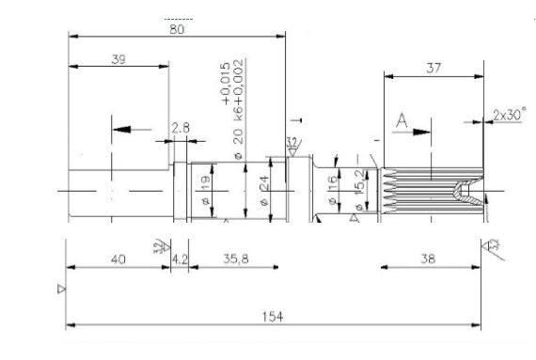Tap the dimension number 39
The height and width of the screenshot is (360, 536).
pyautogui.click(x=118, y=59)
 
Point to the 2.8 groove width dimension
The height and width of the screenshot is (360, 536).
pyautogui.click(x=181, y=128)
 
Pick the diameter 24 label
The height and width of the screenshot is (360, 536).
pyautogui.click(x=264, y=183)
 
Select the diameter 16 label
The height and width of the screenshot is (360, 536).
pyautogui.click(x=332, y=182)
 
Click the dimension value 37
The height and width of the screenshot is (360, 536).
pyautogui.click(x=433, y=68)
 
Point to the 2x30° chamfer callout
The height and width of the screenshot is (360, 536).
pyautogui.click(x=509, y=115)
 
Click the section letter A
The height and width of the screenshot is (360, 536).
pyautogui.click(x=401, y=121)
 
